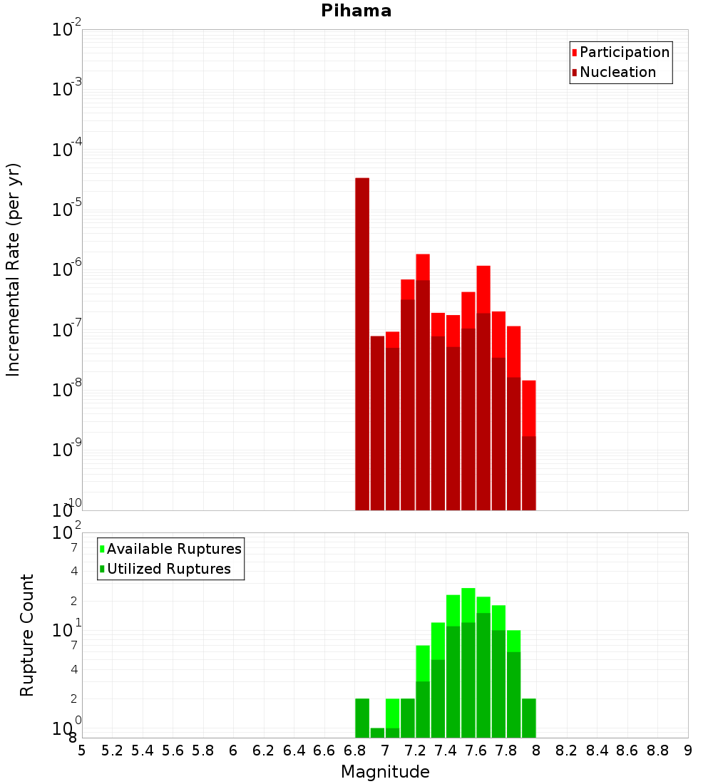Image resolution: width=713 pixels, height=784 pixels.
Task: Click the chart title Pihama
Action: click(x=356, y=11)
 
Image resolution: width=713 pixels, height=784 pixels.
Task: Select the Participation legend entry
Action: click(x=624, y=52)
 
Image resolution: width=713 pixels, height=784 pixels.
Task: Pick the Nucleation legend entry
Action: click(x=617, y=72)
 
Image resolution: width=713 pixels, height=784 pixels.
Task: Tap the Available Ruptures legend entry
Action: click(x=174, y=549)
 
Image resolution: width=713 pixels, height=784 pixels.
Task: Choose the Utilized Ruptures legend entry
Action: click(x=168, y=569)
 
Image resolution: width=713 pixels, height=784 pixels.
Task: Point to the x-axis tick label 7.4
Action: click(x=446, y=751)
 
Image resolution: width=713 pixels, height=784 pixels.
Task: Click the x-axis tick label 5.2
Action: click(x=112, y=751)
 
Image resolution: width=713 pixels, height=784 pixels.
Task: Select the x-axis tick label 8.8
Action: click(x=657, y=751)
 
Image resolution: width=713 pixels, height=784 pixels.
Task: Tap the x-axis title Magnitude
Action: click(x=385, y=772)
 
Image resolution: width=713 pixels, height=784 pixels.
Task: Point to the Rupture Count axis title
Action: click(x=27, y=635)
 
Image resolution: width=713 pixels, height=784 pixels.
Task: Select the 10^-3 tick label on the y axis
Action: click(x=67, y=90)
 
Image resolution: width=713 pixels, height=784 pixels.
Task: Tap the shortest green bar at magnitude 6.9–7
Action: click(x=377, y=733)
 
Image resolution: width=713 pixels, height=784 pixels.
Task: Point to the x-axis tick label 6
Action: click(x=233, y=751)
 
